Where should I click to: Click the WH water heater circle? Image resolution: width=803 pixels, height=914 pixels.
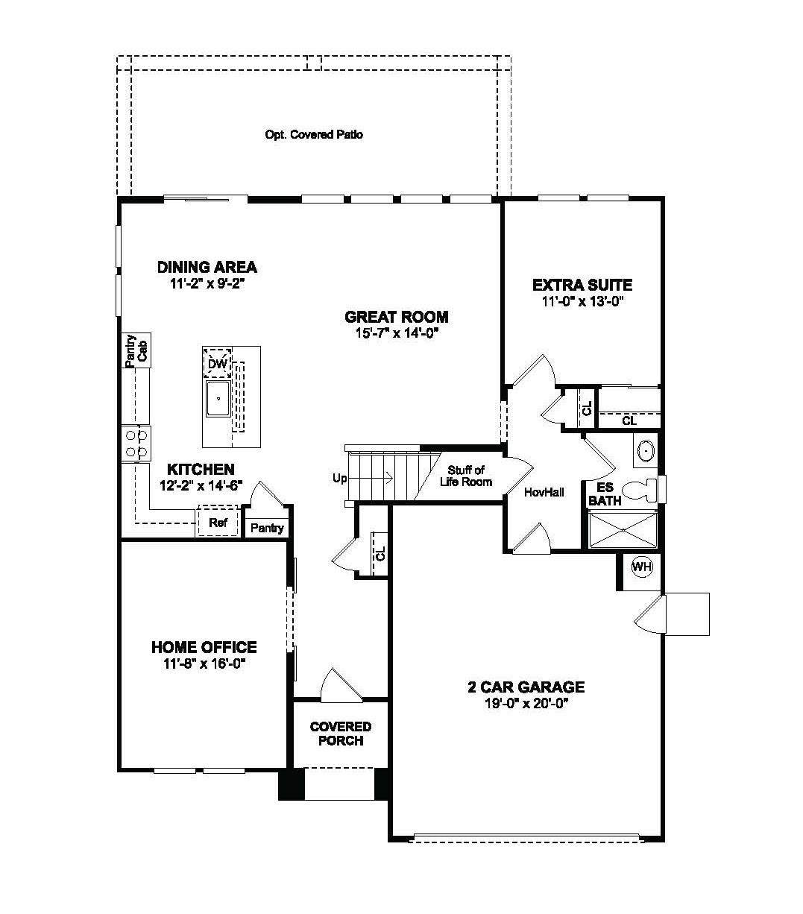click(x=642, y=567)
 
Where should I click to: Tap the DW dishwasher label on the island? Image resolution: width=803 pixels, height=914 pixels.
click(x=217, y=364)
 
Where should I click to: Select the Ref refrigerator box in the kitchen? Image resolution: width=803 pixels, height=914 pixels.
click(x=218, y=523)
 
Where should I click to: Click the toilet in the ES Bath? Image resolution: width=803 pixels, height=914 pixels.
click(x=642, y=489)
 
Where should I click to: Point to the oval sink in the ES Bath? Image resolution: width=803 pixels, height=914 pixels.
click(x=645, y=452)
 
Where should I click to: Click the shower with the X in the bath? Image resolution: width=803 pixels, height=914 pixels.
click(x=623, y=530)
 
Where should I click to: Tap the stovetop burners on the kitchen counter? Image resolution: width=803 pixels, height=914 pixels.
click(x=136, y=443)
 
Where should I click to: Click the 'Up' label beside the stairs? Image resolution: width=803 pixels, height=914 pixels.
click(x=339, y=478)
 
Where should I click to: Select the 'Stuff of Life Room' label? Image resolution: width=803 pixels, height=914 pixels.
click(x=470, y=476)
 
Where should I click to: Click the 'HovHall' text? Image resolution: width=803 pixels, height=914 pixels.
click(x=544, y=492)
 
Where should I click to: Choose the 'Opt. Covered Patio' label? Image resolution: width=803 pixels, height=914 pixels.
click(x=314, y=135)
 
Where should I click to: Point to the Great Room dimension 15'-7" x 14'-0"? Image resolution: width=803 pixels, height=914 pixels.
click(x=396, y=333)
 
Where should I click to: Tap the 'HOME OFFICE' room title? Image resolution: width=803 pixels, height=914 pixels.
click(x=204, y=647)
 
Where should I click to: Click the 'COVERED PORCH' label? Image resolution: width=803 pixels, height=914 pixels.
click(x=341, y=734)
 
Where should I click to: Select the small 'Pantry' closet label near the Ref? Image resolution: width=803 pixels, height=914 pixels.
click(x=267, y=528)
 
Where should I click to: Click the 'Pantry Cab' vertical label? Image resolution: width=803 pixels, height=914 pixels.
click(x=136, y=350)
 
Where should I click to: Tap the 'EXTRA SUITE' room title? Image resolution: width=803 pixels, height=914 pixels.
click(x=582, y=285)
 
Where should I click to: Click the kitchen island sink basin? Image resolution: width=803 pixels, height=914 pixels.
click(x=218, y=400)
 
